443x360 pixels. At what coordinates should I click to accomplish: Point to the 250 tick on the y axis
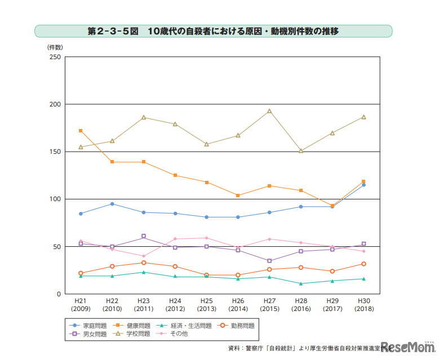(55, 57)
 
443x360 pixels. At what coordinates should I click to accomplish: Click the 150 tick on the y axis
(55, 152)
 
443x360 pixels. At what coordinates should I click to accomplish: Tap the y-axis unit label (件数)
(55, 47)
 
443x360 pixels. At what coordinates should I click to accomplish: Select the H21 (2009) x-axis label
(81, 305)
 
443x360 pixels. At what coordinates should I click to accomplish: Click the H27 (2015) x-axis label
(269, 305)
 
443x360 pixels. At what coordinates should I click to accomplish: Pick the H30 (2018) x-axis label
(364, 305)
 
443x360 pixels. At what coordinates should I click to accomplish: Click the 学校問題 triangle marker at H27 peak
(269, 111)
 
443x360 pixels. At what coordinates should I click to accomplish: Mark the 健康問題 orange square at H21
(81, 131)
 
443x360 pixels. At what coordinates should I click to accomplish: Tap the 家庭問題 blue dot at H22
(112, 204)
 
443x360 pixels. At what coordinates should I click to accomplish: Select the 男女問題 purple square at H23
(144, 236)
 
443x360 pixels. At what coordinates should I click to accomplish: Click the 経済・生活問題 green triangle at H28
(301, 283)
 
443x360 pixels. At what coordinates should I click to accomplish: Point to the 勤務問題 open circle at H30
(364, 264)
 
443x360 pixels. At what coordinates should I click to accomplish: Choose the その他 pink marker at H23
(144, 256)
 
